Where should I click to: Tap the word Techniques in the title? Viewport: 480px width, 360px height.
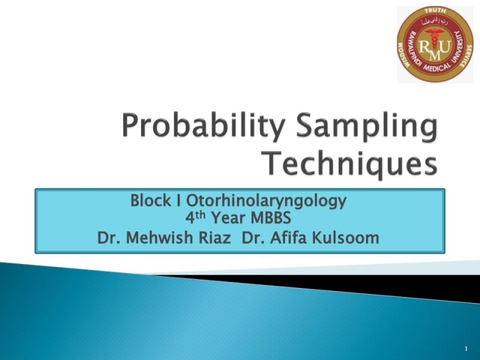coord(351,163)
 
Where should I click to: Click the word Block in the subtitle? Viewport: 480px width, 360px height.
coord(150,201)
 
